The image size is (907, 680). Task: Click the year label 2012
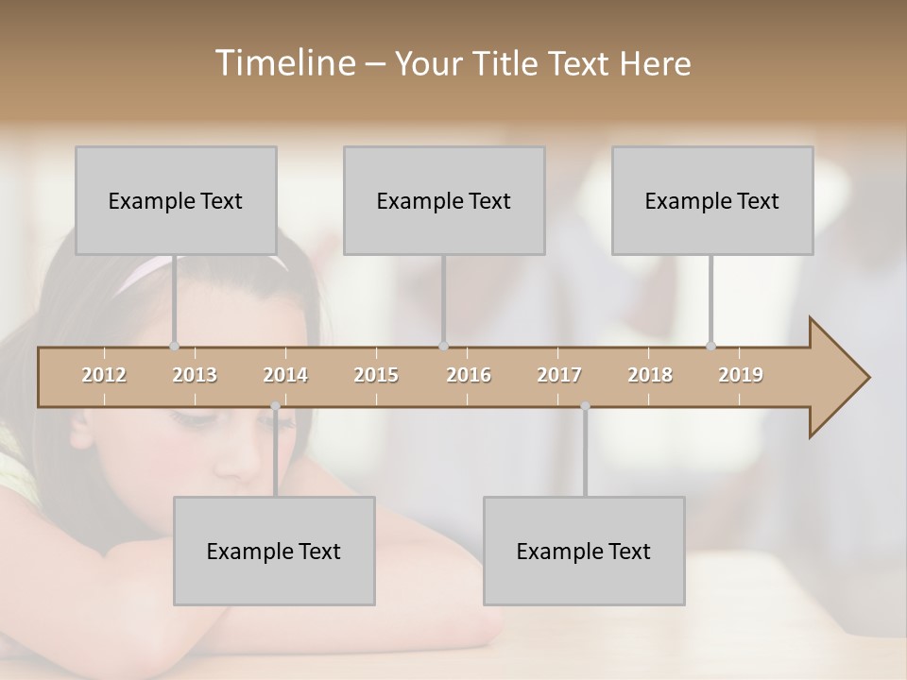click(x=104, y=376)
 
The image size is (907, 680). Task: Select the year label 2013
click(x=195, y=376)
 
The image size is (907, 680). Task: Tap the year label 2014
click(x=285, y=376)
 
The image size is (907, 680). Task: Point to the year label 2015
click(x=376, y=376)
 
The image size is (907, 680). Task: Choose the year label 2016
click(x=469, y=376)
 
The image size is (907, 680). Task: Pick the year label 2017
click(x=559, y=376)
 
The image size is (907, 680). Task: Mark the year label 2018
click(x=650, y=376)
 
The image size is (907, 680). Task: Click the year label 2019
click(x=741, y=376)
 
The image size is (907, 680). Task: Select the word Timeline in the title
click(x=282, y=63)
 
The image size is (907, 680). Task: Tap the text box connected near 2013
click(x=176, y=200)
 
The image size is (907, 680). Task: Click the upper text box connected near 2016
click(x=444, y=200)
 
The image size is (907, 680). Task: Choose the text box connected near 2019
click(x=712, y=200)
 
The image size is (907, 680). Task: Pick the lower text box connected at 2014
click(x=274, y=552)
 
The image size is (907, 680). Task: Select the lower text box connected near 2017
click(x=584, y=552)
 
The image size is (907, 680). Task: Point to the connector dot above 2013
click(x=174, y=347)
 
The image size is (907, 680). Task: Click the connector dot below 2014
click(x=275, y=406)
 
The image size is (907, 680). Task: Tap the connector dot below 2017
click(x=585, y=406)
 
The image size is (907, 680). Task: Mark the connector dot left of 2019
click(x=710, y=347)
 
